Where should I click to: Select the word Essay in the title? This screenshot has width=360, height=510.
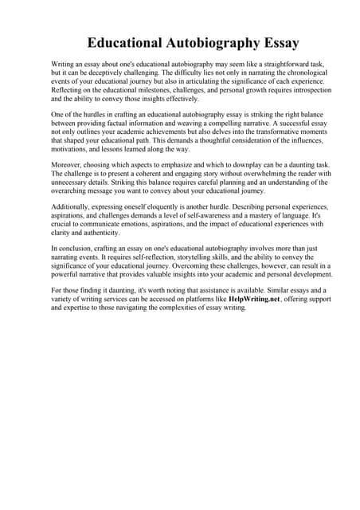pos(253,42)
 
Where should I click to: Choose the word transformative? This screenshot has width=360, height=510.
pos(253,135)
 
